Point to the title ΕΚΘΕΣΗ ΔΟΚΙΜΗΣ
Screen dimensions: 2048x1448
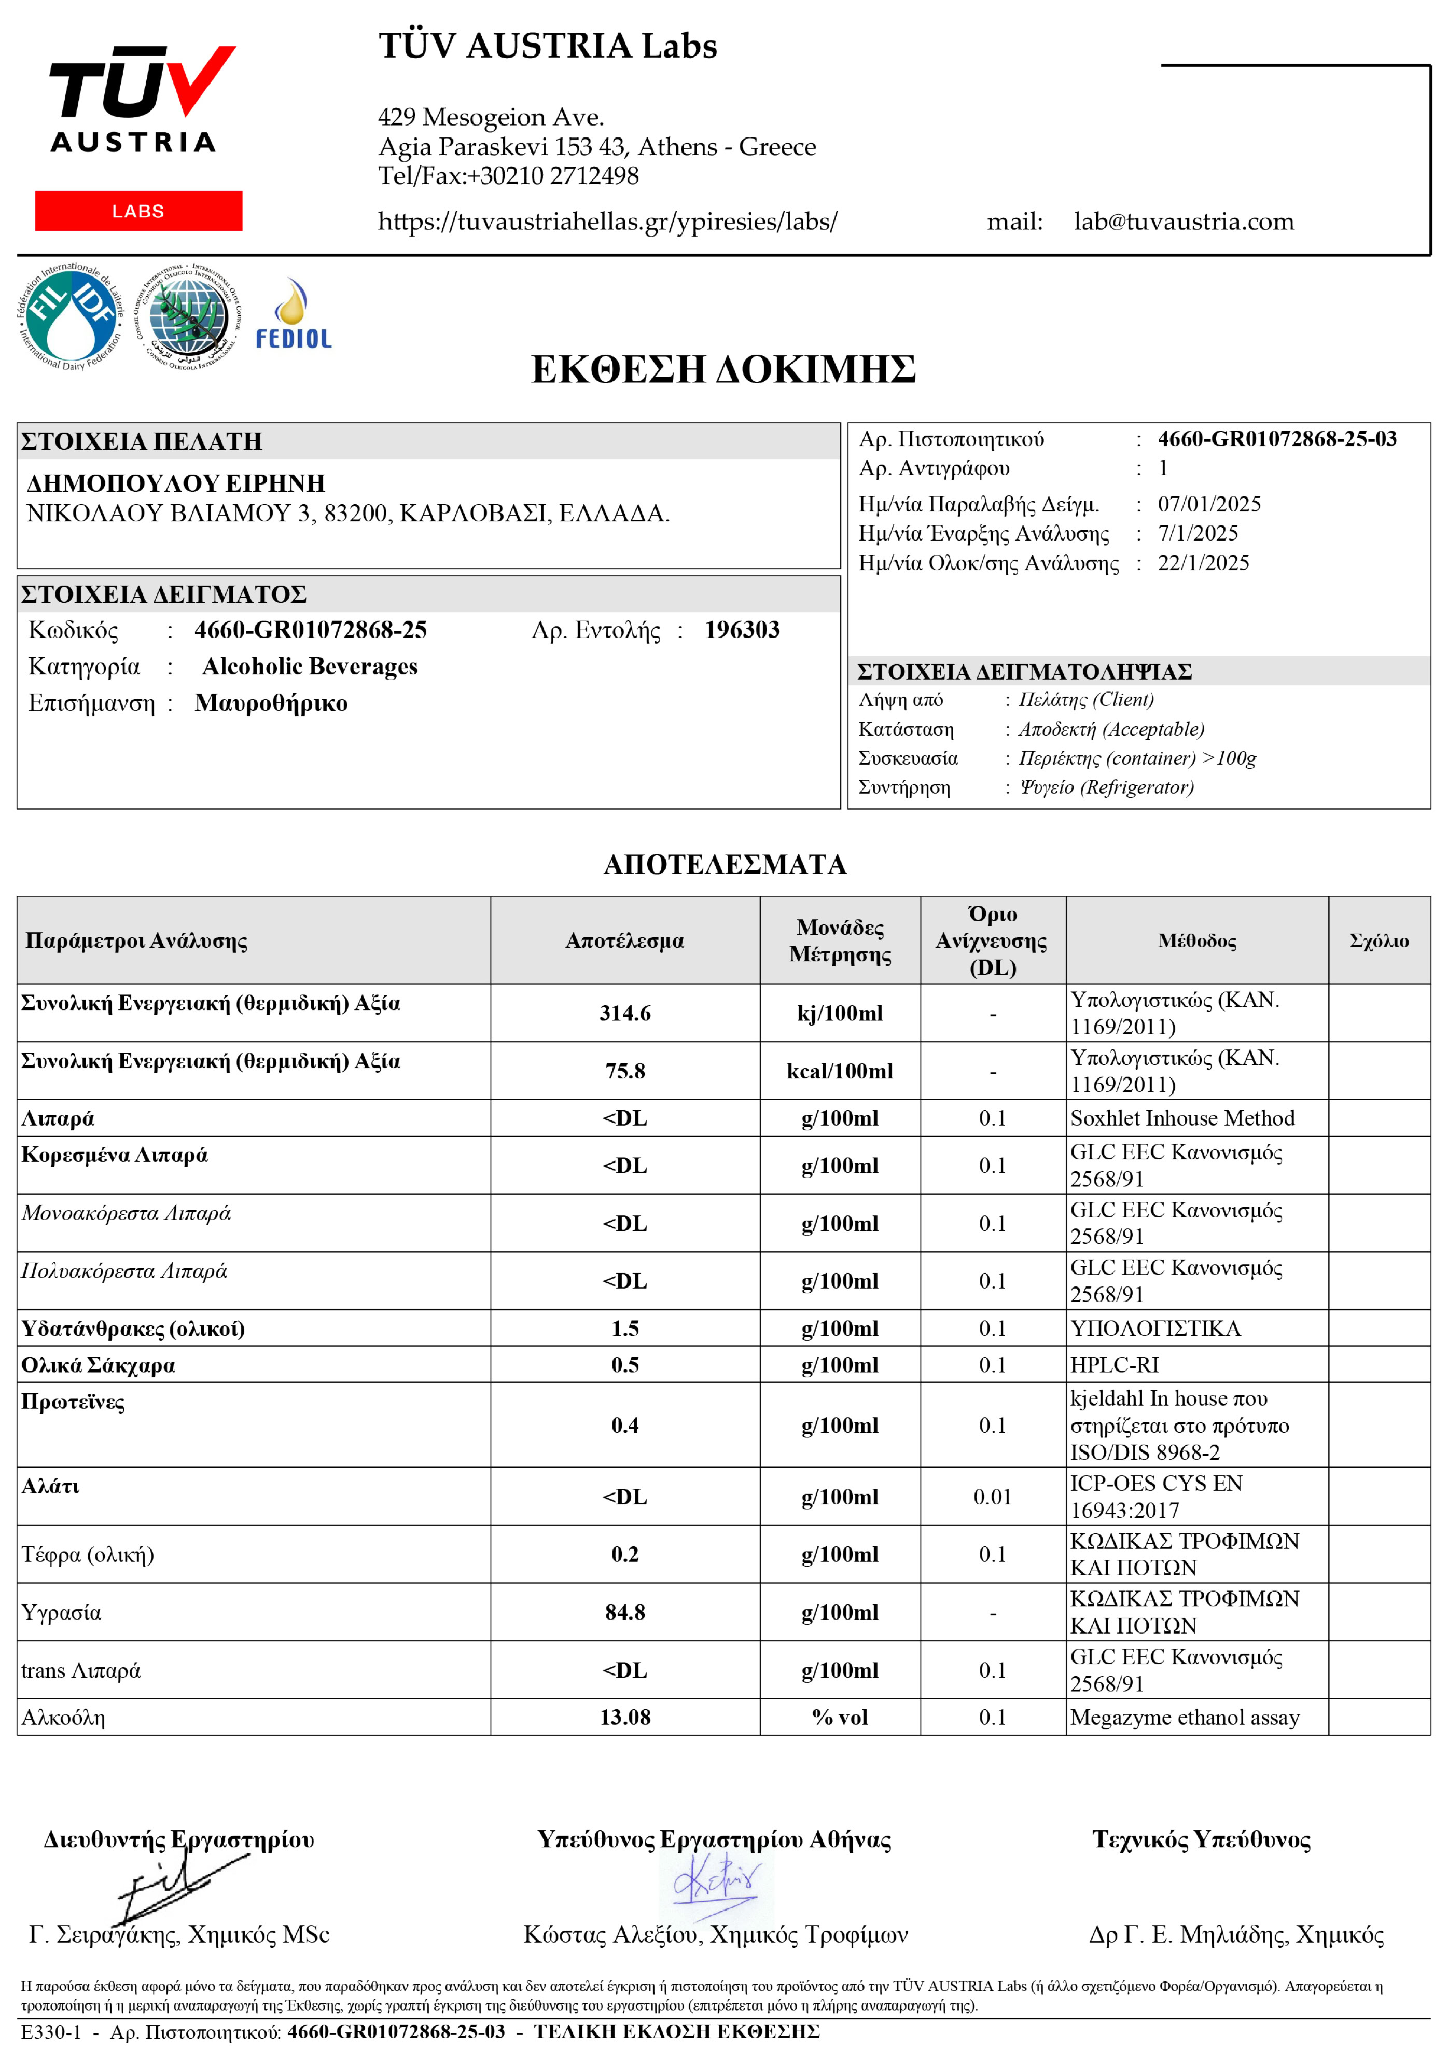click(x=723, y=369)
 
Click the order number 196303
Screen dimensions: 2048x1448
click(x=742, y=631)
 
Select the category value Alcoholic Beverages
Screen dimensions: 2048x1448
click(x=310, y=667)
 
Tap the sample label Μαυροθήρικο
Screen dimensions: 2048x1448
click(x=271, y=704)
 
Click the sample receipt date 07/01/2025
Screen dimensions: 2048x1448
click(x=1209, y=504)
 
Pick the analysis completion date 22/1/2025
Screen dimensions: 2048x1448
click(x=1203, y=563)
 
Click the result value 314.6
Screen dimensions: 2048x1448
click(x=625, y=1013)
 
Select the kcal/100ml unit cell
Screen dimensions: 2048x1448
click(x=840, y=1071)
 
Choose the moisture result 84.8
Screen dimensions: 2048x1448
click(x=625, y=1613)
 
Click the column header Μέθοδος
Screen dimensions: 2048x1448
click(x=1196, y=941)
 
